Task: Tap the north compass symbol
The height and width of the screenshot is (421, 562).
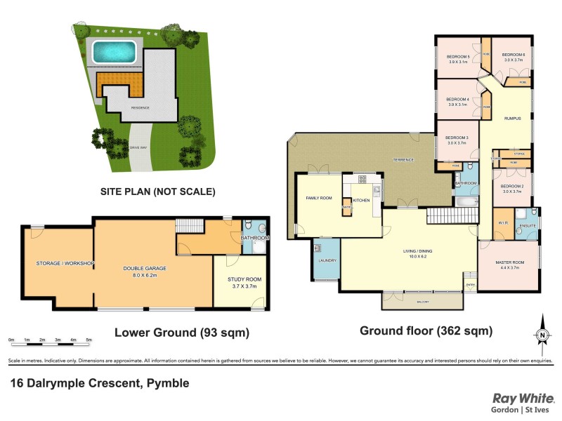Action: click(542, 335)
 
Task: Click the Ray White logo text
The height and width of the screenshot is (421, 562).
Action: click(523, 398)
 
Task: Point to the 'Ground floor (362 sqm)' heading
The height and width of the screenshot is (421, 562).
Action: click(426, 330)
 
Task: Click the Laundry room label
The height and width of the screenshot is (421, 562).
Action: click(327, 261)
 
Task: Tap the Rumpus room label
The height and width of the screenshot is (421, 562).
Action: click(512, 119)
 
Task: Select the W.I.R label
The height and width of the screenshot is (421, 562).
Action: click(502, 224)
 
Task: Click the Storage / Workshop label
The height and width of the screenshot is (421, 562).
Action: click(65, 263)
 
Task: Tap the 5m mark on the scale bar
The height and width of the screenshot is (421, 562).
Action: click(89, 340)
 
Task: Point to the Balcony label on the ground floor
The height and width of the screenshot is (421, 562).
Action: click(421, 302)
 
